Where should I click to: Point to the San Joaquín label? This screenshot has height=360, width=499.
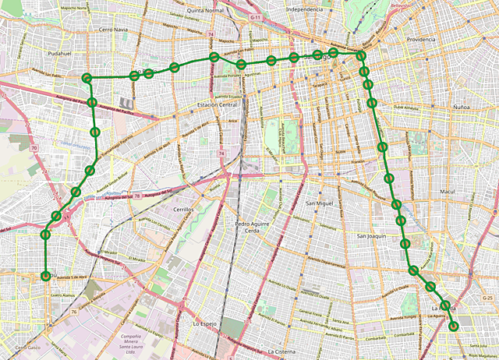click(x=372, y=235)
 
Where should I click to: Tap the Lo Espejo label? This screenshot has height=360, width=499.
click(x=204, y=322)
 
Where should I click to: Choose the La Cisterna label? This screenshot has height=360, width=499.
click(x=282, y=351)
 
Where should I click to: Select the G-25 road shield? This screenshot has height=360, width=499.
click(x=488, y=298)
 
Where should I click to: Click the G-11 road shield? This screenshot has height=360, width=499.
click(x=256, y=16)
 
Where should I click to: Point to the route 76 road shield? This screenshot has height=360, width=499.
click(x=73, y=312)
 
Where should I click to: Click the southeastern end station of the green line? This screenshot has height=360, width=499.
click(x=453, y=326)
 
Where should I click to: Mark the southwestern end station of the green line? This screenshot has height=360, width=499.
click(x=45, y=274)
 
